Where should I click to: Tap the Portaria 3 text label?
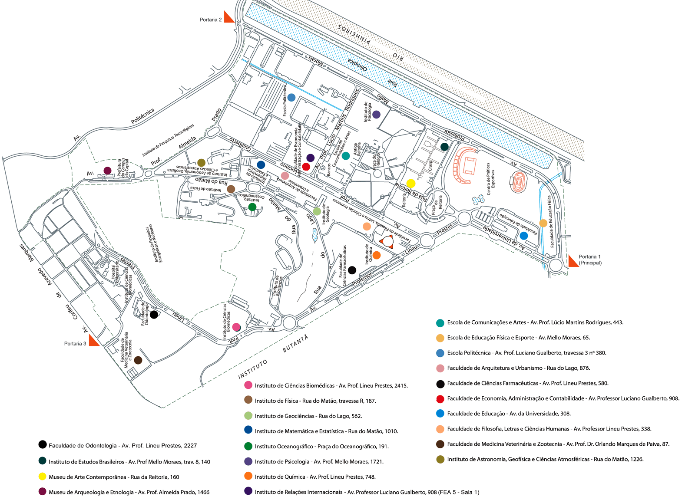coord(75,344)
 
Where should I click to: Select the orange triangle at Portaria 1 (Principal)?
coord(573,261)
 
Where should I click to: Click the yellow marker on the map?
coord(410,183)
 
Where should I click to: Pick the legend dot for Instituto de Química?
coord(248,476)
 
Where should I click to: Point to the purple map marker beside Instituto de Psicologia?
coord(376,115)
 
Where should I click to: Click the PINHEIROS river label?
coord(354,34)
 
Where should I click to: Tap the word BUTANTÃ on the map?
coord(295,343)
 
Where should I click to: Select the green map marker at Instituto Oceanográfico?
coord(252,207)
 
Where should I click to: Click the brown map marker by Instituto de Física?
coord(231,189)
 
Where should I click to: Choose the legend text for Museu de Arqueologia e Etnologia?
coord(129,492)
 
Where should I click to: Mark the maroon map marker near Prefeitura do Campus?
coord(107,171)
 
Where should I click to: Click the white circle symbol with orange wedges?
coord(387,242)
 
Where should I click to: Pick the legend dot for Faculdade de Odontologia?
coord(43,444)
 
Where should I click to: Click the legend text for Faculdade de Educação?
coord(509,414)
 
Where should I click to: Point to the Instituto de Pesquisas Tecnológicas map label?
coord(168,140)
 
